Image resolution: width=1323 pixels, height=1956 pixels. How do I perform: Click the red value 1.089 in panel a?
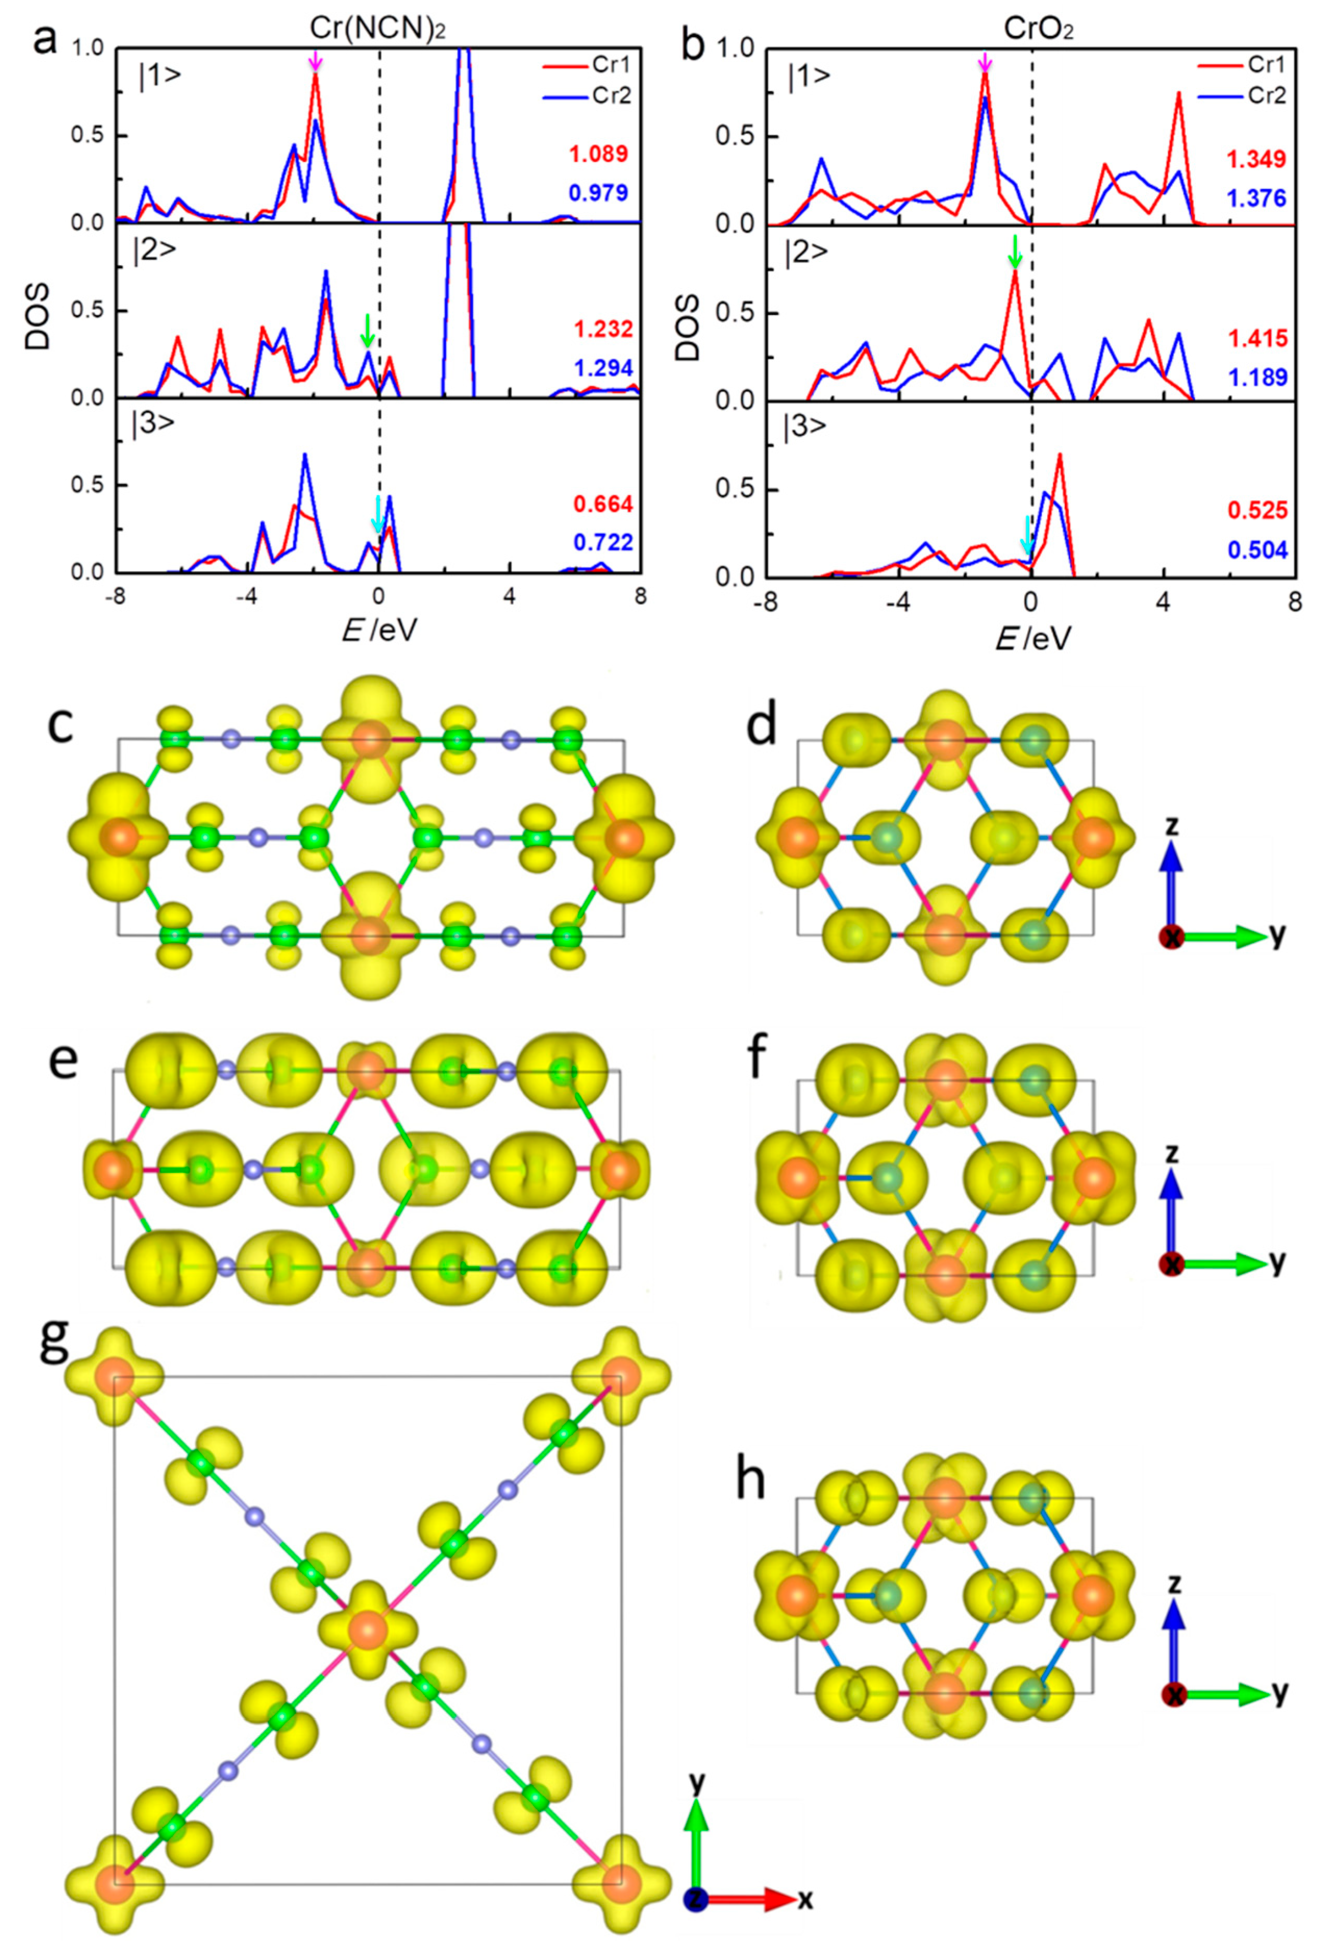[599, 155]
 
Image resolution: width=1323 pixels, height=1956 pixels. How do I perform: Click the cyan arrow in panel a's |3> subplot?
[377, 514]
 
